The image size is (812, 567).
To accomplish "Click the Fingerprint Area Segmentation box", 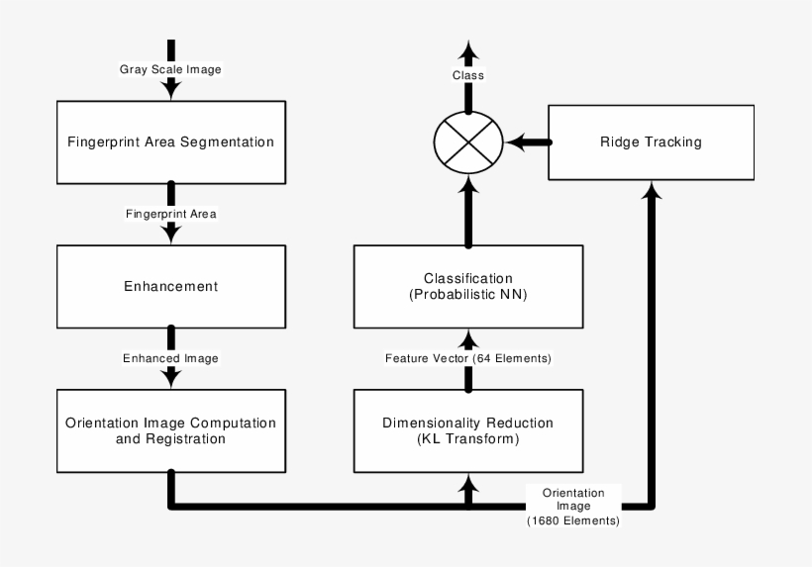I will (x=170, y=141).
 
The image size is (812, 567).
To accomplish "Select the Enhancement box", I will (x=170, y=286).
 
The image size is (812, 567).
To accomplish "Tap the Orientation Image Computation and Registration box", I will (x=170, y=430).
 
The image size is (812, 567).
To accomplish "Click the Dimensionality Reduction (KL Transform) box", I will (x=467, y=430).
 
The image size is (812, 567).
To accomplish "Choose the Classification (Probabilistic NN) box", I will (x=468, y=286).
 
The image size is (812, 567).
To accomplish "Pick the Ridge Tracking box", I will (x=650, y=142).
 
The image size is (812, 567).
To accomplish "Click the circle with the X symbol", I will (x=468, y=142).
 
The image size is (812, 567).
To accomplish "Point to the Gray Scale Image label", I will (x=170, y=69).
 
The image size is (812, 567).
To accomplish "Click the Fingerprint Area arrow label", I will (x=170, y=213).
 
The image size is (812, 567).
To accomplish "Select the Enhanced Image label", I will (x=170, y=357).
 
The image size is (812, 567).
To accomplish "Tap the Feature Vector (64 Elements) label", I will (x=468, y=357).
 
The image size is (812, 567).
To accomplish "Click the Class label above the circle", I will (x=468, y=76).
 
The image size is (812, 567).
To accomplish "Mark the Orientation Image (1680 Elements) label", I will (x=573, y=506).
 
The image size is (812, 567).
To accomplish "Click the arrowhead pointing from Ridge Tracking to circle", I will (x=514, y=142).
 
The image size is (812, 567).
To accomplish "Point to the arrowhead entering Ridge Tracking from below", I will (x=651, y=190).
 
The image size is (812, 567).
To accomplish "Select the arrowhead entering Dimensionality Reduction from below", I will (x=468, y=482).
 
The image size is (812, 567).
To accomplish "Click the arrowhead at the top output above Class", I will (x=468, y=50).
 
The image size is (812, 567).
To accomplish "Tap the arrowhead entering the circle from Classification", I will (x=468, y=186).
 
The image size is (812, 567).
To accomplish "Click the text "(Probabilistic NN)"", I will (x=468, y=294).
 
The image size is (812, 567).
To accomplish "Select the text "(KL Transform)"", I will (x=467, y=438).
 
